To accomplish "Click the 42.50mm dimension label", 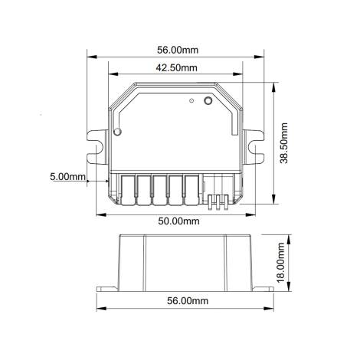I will coord(177,67).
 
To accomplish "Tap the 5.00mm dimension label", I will coord(67,176).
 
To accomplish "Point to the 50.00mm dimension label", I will coord(178,221).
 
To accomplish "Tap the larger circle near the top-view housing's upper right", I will coord(207,100).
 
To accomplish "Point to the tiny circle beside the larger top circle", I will coord(191,100).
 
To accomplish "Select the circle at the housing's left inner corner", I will coord(117,132).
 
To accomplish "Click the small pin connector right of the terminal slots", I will coord(220,201).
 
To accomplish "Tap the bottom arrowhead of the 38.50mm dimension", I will coord(274,204).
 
